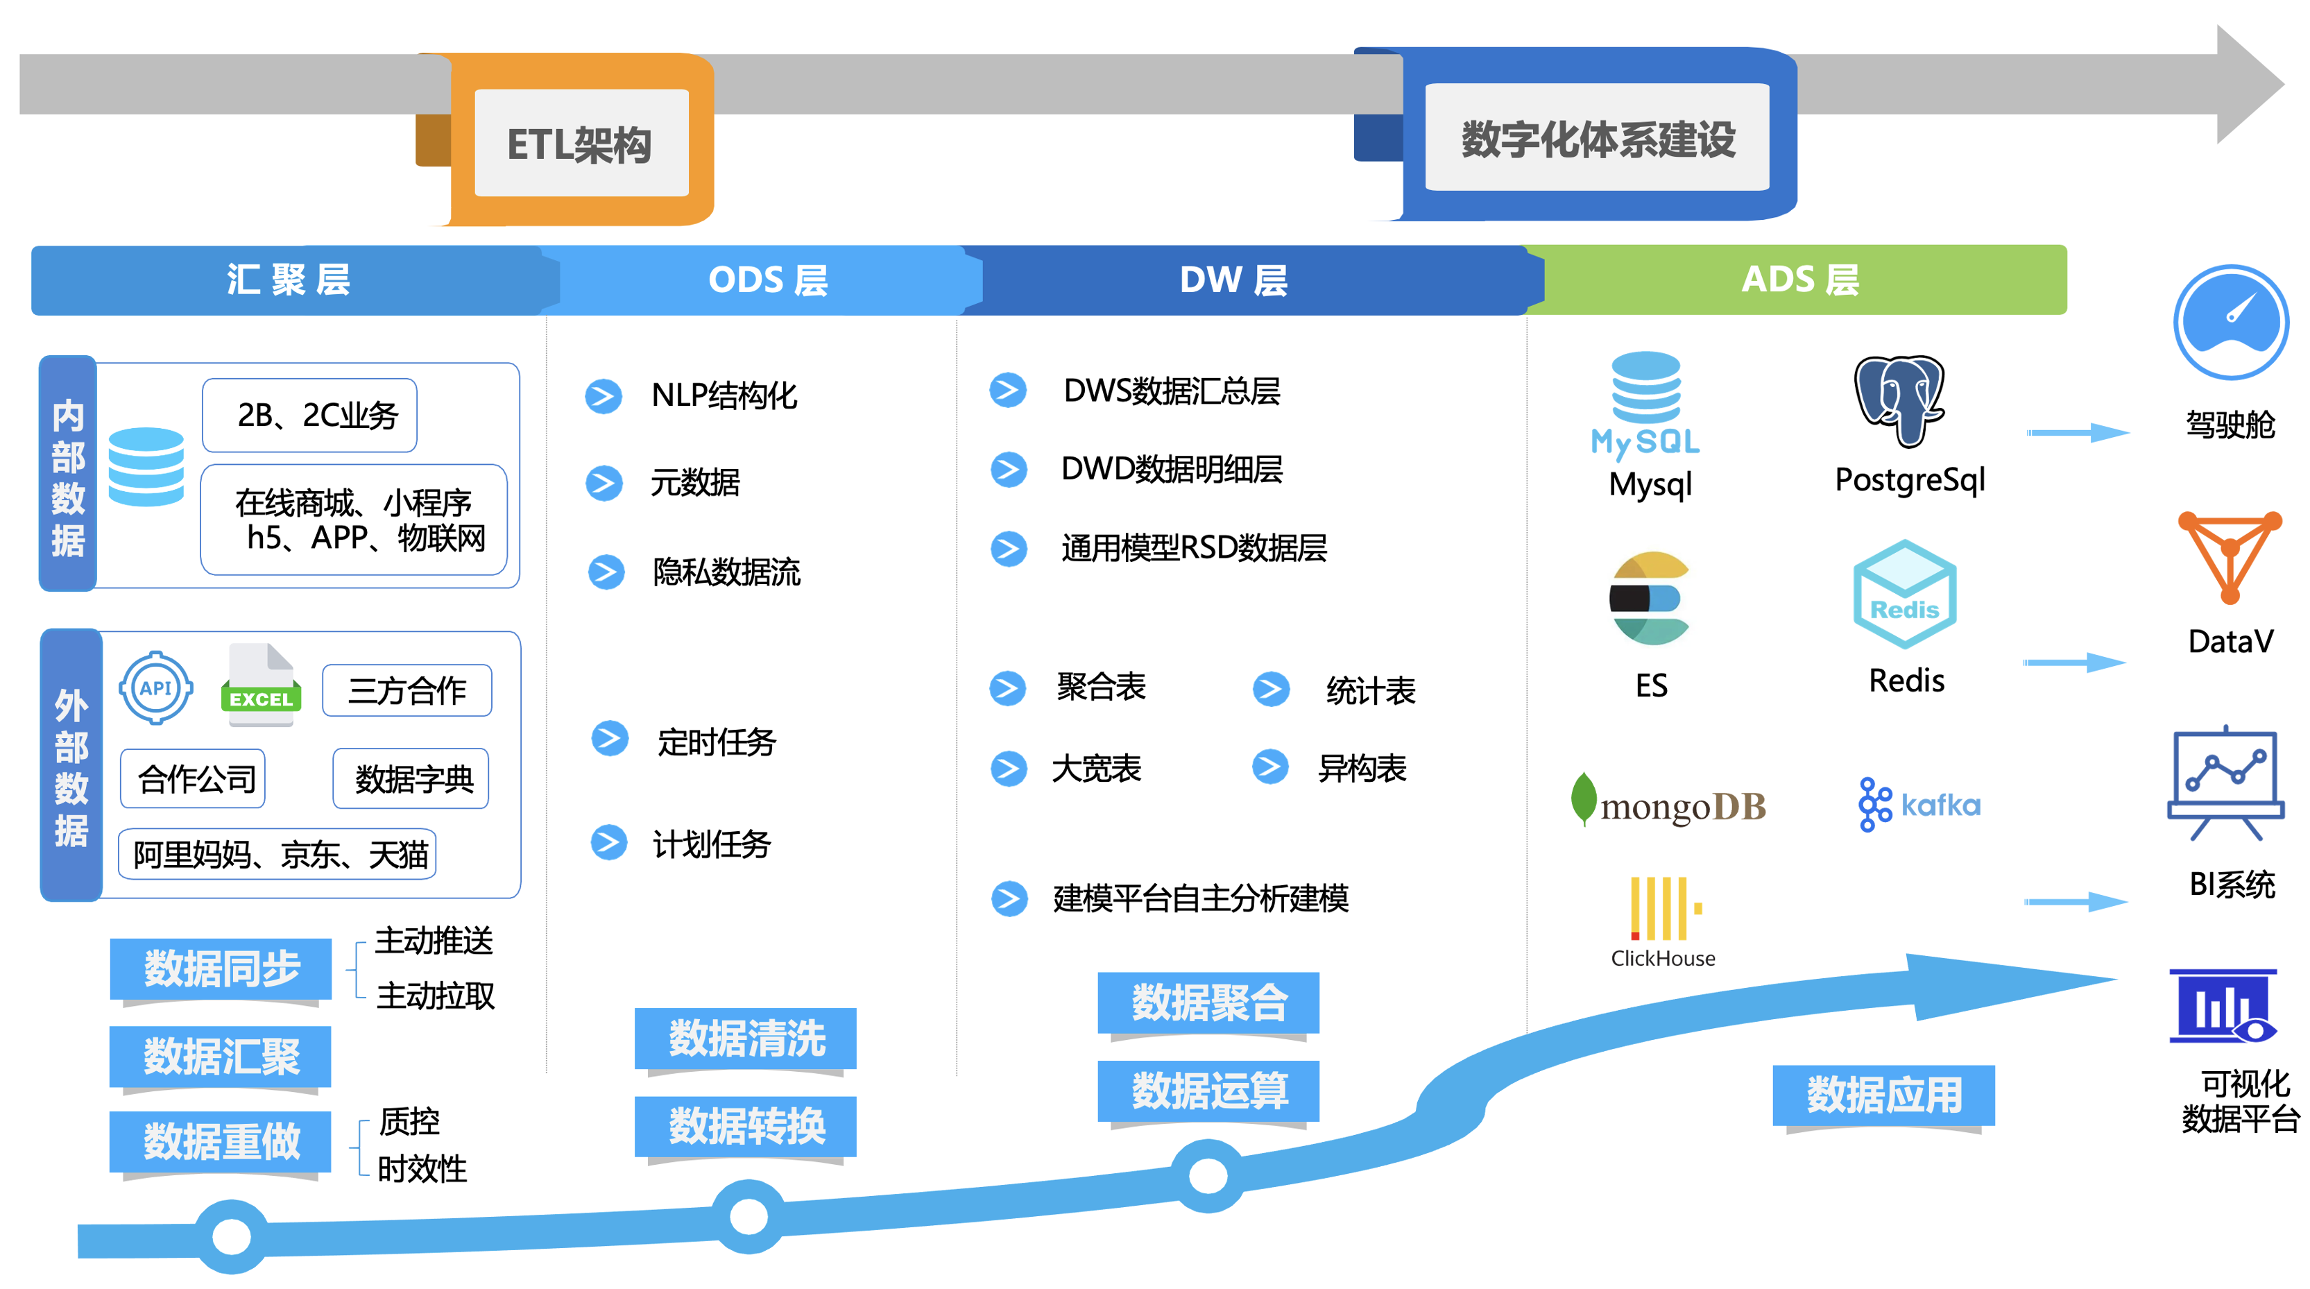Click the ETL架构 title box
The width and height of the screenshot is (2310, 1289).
580,144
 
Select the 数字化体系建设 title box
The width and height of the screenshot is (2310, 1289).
1597,138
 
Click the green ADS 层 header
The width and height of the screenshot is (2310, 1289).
1799,280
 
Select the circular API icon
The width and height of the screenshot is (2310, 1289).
156,688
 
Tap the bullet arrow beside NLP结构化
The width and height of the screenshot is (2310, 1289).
604,395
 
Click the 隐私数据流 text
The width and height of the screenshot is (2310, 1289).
726,572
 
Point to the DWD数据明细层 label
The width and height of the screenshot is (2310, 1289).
1171,469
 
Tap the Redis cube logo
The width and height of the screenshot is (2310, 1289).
1905,594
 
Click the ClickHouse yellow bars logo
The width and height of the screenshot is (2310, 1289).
1664,907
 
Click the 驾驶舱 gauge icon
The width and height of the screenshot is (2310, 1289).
2230,323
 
